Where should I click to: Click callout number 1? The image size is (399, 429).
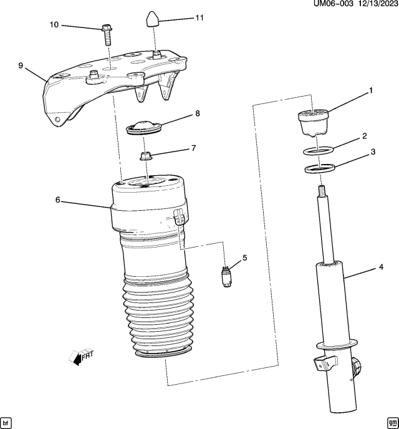point(370,91)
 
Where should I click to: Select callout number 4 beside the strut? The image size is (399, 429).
point(380,269)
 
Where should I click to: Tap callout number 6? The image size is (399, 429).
point(57,200)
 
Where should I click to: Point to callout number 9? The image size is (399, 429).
point(21,65)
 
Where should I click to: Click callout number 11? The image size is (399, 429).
point(199,18)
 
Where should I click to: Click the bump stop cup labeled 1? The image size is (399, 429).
point(313,122)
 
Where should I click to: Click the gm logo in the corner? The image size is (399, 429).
point(391,422)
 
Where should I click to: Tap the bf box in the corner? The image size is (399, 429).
point(7,422)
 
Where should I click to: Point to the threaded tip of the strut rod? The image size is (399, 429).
point(322,190)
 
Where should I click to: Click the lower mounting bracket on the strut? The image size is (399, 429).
point(322,363)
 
